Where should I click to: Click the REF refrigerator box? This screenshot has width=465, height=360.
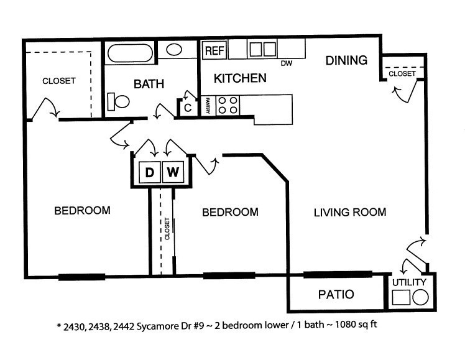[214, 50]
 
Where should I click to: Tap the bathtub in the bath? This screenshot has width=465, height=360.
[130, 53]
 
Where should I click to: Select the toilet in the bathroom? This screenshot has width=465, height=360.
[118, 101]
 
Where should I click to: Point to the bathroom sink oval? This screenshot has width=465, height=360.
[174, 50]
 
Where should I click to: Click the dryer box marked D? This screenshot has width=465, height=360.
[150, 172]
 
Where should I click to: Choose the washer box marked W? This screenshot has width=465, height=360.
[173, 172]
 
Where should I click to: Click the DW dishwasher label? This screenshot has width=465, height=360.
[287, 63]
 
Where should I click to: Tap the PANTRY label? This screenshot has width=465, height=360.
[208, 106]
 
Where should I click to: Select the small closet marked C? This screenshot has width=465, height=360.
[187, 108]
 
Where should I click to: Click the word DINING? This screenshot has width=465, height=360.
[346, 60]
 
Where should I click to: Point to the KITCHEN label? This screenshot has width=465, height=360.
[240, 78]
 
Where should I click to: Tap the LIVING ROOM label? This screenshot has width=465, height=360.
[350, 212]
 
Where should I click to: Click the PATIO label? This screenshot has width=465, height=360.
[336, 295]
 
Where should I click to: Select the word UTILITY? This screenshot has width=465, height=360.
[409, 282]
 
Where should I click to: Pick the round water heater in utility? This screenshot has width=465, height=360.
[420, 297]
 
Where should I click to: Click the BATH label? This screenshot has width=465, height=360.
[149, 84]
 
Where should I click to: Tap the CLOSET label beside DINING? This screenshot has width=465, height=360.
[402, 73]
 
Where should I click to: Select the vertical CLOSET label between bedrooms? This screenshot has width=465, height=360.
[167, 229]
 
